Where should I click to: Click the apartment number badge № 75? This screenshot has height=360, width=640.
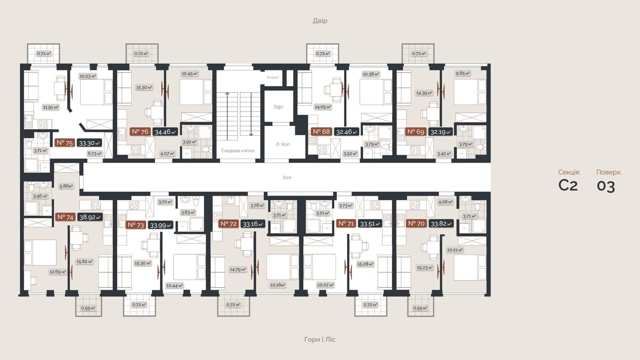(65, 143)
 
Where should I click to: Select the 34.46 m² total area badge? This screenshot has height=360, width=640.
(165, 132)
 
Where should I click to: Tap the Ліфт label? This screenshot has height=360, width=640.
(278, 107)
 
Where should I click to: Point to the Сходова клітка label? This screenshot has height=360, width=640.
(238, 150)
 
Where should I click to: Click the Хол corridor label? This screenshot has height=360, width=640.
(287, 178)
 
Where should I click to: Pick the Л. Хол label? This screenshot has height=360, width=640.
(283, 144)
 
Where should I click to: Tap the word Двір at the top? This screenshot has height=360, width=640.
(320, 21)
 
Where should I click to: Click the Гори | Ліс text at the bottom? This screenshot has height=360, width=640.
(320, 339)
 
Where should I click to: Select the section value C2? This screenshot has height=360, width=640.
(568, 186)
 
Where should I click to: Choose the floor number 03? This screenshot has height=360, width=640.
(606, 186)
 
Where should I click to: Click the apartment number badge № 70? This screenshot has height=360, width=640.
(416, 224)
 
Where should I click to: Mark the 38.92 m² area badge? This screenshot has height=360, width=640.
(90, 217)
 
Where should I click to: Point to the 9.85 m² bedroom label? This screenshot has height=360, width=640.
(463, 73)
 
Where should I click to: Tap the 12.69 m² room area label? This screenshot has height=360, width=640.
(58, 272)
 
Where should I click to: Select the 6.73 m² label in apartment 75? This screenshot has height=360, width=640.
(94, 154)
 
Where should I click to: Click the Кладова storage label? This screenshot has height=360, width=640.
(272, 77)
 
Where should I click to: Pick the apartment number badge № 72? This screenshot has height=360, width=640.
(229, 224)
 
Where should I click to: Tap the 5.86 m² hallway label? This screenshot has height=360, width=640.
(66, 186)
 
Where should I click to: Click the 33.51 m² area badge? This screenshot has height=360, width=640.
(370, 224)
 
